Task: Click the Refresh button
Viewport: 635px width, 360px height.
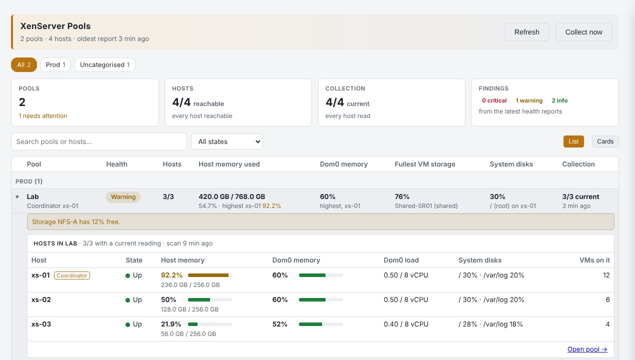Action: coord(526,32)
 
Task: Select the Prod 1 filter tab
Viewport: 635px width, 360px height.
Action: coord(55,64)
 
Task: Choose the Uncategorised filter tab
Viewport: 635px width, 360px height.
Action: coord(104,64)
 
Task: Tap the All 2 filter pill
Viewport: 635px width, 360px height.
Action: coord(24,64)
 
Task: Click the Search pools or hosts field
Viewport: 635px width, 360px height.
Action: coord(99,141)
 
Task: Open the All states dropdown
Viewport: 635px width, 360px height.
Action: coord(227,141)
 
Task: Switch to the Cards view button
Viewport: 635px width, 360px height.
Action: coord(605,141)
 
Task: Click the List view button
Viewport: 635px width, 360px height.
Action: coord(573,141)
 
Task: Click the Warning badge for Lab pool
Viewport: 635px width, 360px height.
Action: coord(123,196)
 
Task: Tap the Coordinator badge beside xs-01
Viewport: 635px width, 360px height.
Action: coord(72,275)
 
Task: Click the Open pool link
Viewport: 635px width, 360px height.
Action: coord(587,349)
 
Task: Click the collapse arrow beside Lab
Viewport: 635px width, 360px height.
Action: coord(17,196)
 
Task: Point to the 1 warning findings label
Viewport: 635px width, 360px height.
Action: coord(529,100)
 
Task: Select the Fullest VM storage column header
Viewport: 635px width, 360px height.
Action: coord(425,164)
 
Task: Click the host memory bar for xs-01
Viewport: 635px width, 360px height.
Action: coord(210,275)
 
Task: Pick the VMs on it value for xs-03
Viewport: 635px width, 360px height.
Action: coord(607,324)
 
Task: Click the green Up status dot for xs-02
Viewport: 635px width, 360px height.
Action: coord(127,300)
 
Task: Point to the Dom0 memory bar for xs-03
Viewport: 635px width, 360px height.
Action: coord(320,324)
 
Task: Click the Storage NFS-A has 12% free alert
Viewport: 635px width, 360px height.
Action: coord(320,221)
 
